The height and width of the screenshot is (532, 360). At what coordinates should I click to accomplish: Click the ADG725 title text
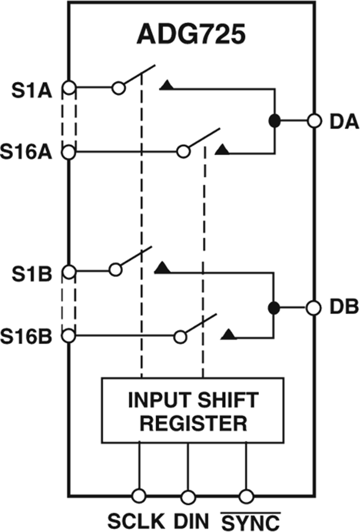pyautogui.click(x=191, y=35)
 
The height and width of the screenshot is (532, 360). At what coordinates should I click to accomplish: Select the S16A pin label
pyautogui.click(x=26, y=152)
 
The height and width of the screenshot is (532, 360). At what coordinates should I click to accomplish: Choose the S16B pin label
pyautogui.click(x=26, y=336)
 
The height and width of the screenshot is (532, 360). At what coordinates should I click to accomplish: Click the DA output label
pyautogui.click(x=344, y=122)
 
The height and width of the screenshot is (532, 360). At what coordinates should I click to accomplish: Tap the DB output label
pyautogui.click(x=344, y=307)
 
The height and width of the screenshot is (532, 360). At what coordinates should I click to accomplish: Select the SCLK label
pyautogui.click(x=136, y=521)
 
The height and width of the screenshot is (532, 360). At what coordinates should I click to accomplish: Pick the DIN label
pyautogui.click(x=191, y=521)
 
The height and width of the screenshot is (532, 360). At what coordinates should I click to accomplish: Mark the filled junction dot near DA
pyautogui.click(x=274, y=120)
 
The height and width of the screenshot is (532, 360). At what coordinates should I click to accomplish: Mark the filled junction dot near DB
pyautogui.click(x=274, y=307)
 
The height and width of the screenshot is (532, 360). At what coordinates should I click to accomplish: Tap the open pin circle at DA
pyautogui.click(x=314, y=120)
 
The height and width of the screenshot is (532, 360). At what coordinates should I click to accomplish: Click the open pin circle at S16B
pyautogui.click(x=69, y=336)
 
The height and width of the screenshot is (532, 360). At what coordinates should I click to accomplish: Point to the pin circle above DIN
pyautogui.click(x=188, y=497)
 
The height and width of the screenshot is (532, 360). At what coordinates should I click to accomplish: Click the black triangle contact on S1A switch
pyautogui.click(x=166, y=85)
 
